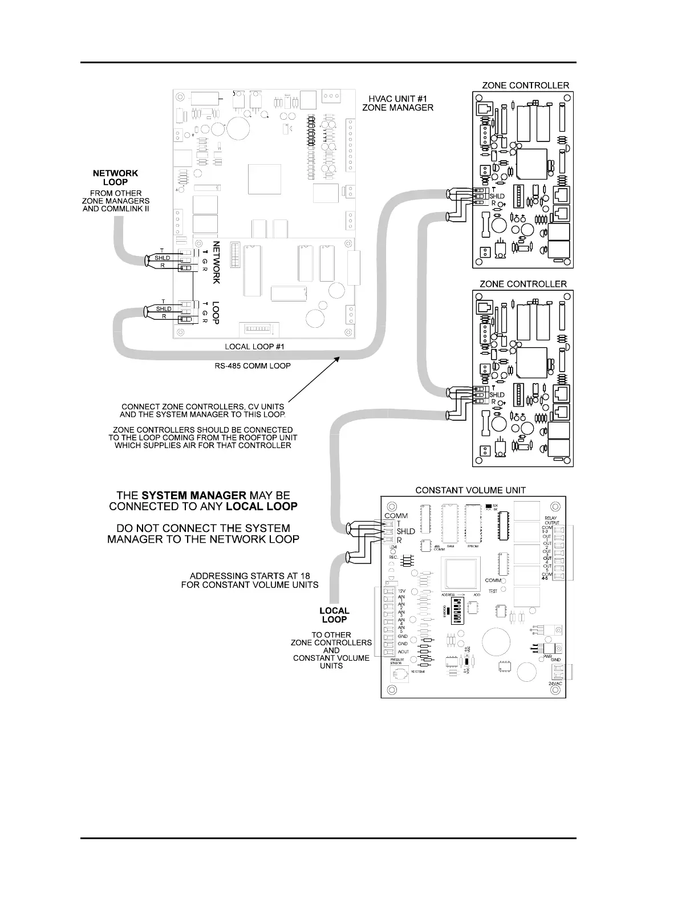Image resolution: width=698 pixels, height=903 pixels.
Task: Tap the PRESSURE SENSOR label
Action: [396, 661]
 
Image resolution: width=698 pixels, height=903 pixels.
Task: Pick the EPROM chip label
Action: [473, 546]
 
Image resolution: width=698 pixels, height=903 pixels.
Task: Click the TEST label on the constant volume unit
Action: [493, 591]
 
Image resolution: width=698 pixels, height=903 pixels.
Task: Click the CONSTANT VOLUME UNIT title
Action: [470, 490]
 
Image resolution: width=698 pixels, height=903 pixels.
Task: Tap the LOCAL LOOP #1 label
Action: [254, 346]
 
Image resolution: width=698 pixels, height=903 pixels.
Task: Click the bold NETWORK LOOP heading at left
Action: [116, 177]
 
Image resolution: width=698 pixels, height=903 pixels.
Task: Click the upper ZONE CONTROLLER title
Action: [525, 86]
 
